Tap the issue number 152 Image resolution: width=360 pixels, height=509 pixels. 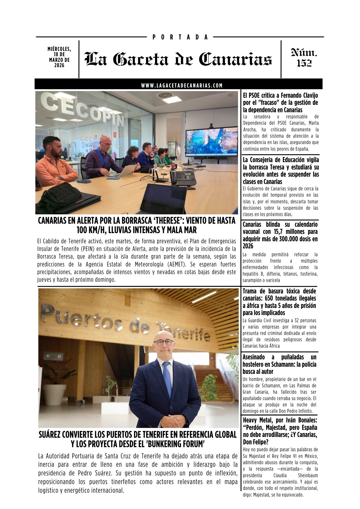[x=304, y=63]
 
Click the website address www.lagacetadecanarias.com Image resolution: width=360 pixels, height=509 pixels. [x=182, y=86]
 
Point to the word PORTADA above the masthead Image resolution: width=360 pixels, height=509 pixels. [x=180, y=37]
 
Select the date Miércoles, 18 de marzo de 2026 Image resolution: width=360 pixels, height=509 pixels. [x=59, y=57]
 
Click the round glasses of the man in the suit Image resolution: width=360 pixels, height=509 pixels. [x=163, y=343]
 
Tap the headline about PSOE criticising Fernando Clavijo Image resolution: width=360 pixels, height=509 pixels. [x=280, y=103]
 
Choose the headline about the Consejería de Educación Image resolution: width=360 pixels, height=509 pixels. [x=281, y=171]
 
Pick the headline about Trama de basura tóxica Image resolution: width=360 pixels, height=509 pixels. [x=279, y=302]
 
